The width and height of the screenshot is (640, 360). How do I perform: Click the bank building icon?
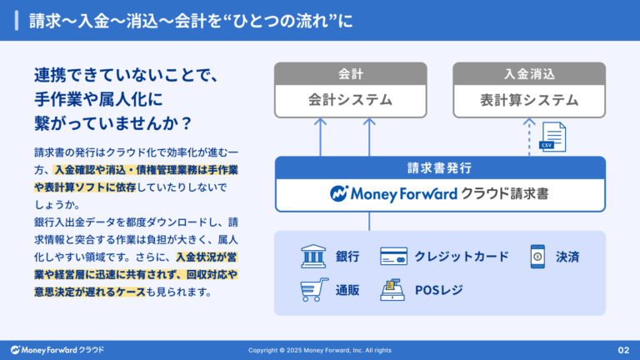(313, 256)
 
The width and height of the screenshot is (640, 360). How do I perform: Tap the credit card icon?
(393, 256)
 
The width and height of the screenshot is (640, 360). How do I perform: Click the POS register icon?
(392, 290)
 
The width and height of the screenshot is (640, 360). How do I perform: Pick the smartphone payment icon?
(537, 256)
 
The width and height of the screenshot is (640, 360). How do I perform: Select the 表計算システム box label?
(528, 101)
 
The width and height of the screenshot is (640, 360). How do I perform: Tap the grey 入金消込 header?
(528, 73)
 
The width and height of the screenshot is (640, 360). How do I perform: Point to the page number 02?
(622, 350)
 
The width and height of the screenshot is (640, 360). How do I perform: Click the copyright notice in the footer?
(319, 350)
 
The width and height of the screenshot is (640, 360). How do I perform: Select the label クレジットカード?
(461, 256)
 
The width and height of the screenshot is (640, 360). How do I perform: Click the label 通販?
(347, 290)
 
